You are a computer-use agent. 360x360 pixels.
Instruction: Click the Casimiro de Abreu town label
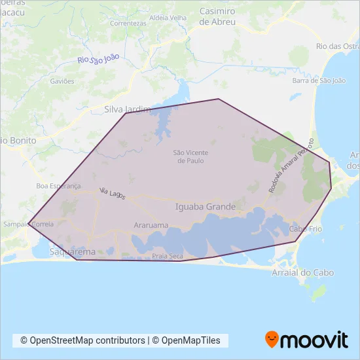pos(217,16)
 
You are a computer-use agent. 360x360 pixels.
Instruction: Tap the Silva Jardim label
pos(128,110)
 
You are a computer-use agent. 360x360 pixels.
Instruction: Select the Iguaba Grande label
pos(206,207)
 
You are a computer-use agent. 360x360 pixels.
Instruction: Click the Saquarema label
pos(72,251)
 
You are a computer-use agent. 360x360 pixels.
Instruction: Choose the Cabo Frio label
pos(304,229)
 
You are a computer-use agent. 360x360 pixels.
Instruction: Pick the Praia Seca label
pos(168,256)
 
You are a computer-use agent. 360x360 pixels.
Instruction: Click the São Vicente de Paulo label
pos(189,156)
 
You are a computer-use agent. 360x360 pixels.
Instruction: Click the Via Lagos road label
pos(112,192)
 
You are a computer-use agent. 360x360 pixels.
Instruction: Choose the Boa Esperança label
pos(58,186)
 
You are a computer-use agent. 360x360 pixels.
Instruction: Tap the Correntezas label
pos(128,23)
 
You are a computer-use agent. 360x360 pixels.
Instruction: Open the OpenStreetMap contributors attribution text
pos(83,340)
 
